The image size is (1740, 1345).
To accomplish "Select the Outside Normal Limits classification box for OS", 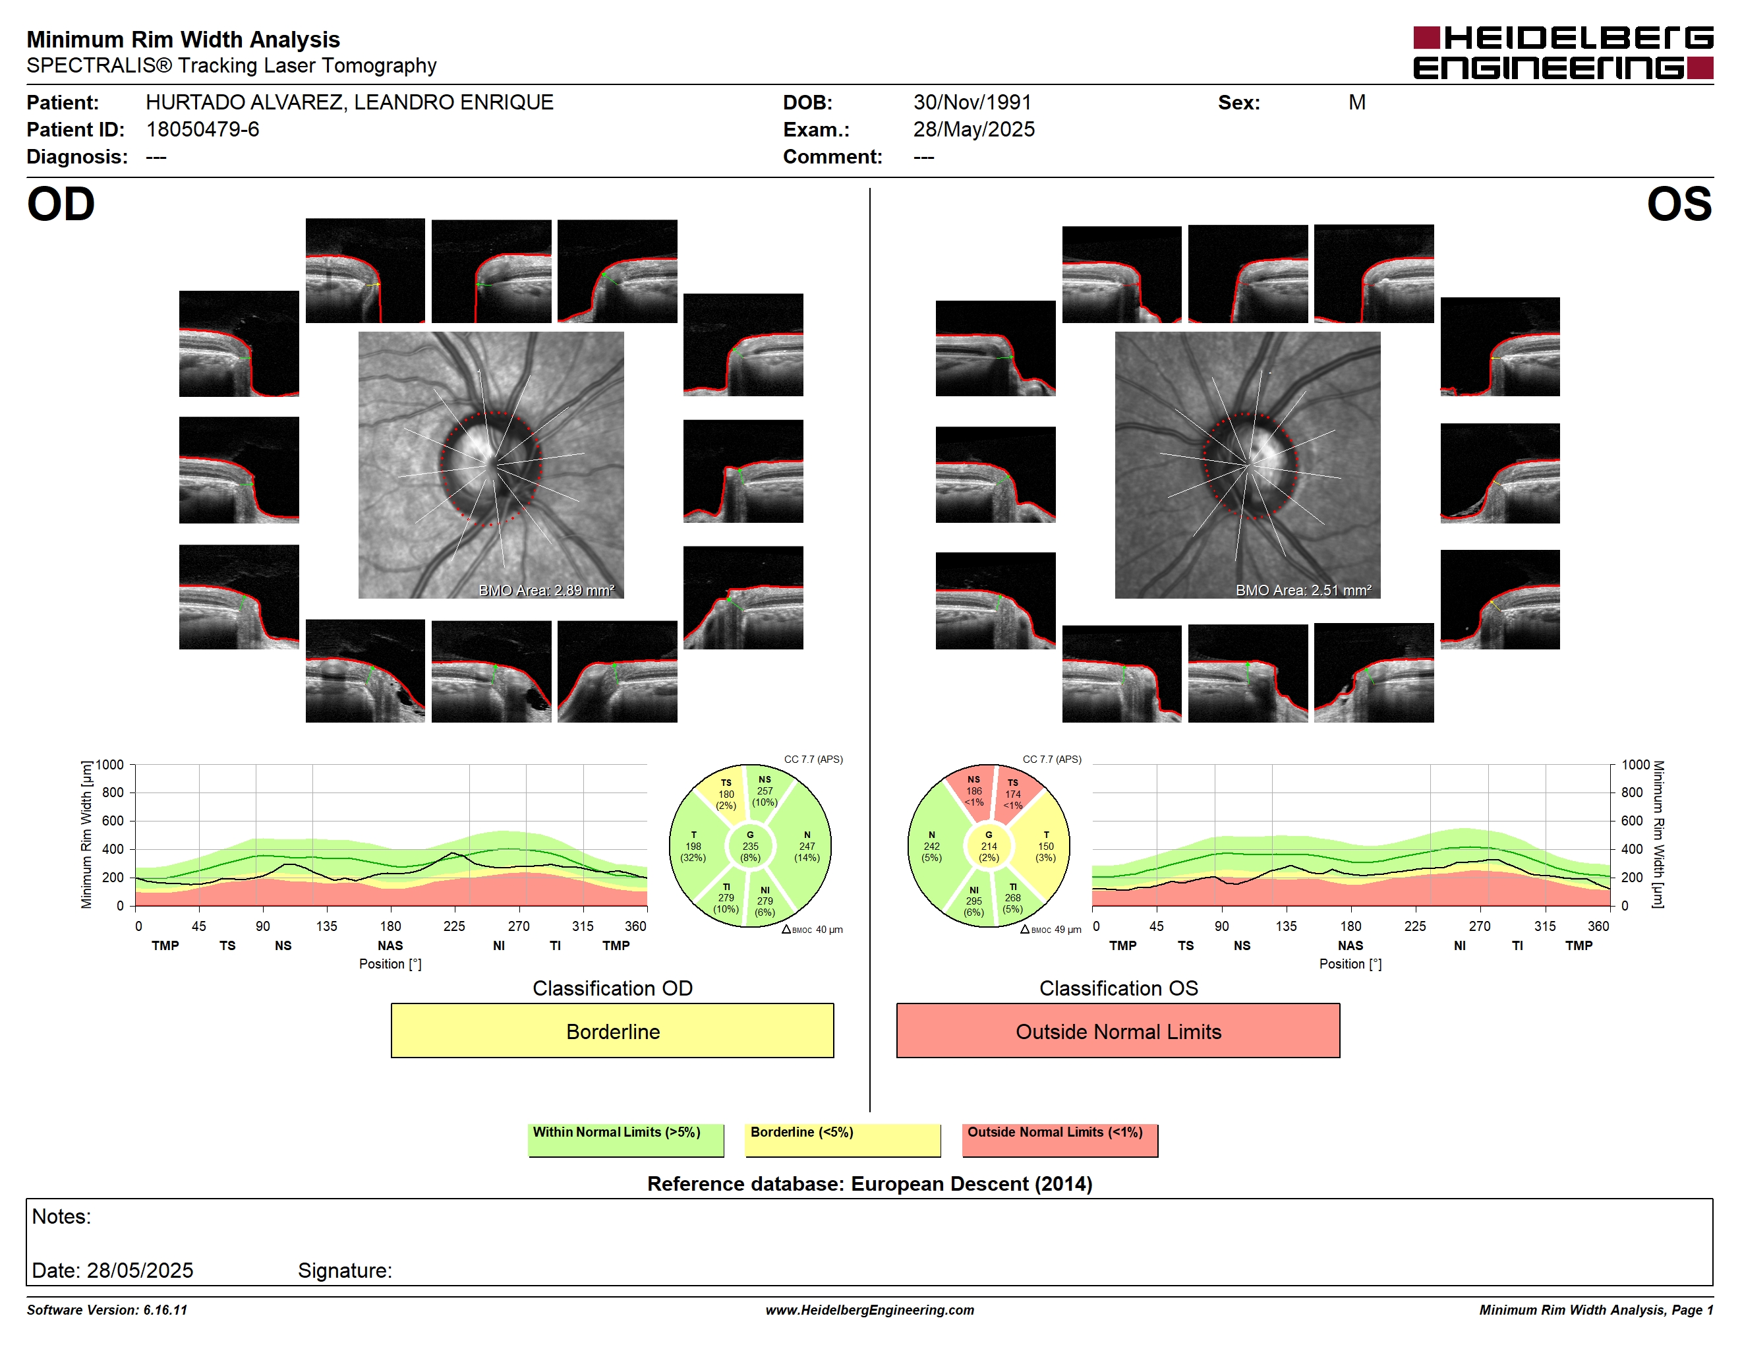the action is coord(1118,1031).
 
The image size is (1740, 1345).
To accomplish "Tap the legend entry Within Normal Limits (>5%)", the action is coord(625,1139).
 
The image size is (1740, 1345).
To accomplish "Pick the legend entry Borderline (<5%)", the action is coord(842,1139).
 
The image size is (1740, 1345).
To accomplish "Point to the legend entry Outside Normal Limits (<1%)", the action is coord(1060,1139).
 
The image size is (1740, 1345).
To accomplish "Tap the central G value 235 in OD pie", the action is coord(749,846).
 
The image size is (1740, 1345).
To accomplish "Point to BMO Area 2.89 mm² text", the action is coord(546,591).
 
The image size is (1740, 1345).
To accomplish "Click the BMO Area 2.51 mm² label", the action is coord(1304,591).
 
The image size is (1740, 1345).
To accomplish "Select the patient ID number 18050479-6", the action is coord(202,129).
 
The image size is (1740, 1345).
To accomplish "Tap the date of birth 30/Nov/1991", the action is coord(972,102).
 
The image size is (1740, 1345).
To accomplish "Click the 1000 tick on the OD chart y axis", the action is coord(110,765).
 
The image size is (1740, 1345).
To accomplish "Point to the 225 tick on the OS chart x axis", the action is coord(1415,926).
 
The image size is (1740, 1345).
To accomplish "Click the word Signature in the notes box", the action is coord(345,1270).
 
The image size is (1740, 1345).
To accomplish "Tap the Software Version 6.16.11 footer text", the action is coord(107,1310).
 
